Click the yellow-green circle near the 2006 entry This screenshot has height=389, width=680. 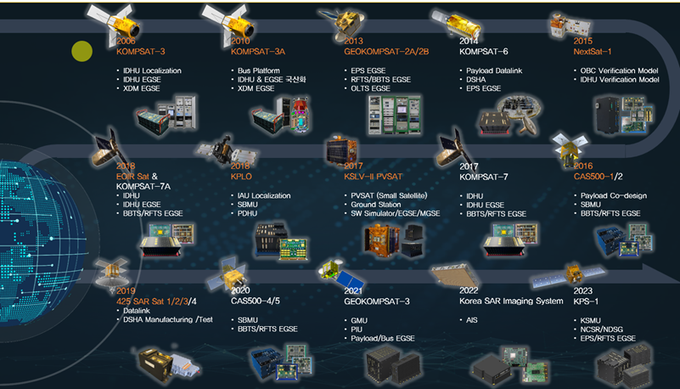click(81, 52)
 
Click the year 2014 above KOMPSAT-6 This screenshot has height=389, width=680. click(469, 40)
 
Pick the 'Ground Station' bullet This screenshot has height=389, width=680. click(376, 206)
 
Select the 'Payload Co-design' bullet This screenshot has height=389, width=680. click(612, 196)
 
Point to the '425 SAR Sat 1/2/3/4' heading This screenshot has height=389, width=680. click(158, 301)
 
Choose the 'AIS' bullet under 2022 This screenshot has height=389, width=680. click(472, 320)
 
